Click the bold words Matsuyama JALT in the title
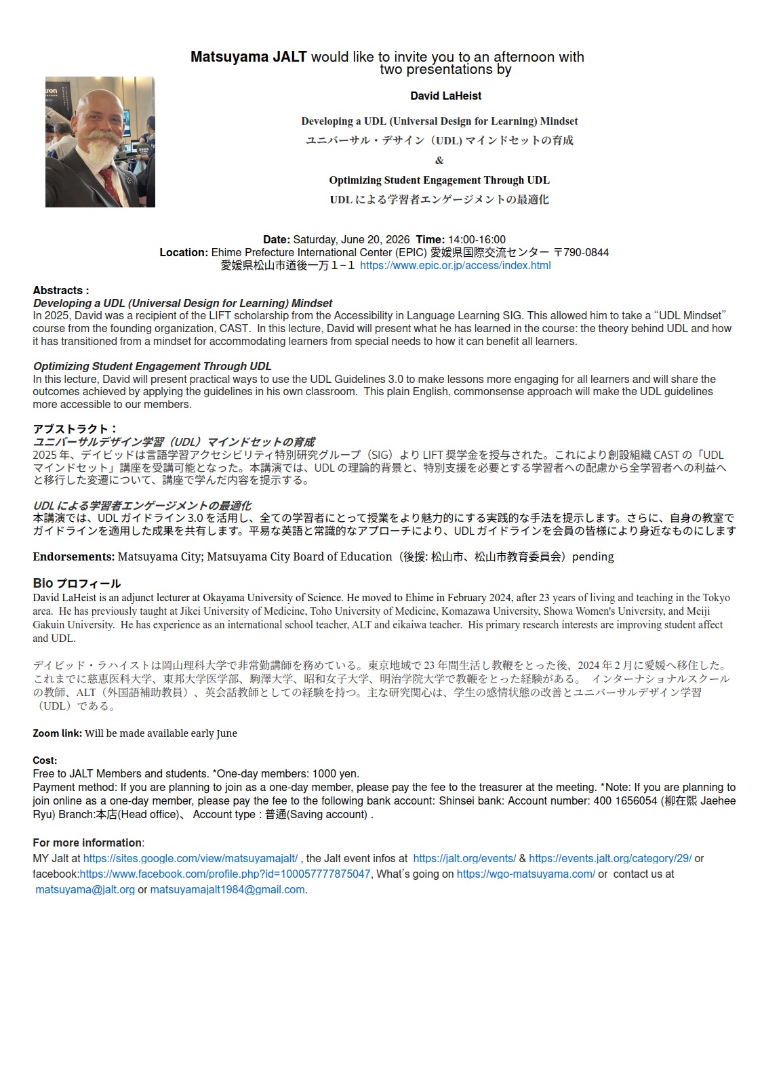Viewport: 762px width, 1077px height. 248,57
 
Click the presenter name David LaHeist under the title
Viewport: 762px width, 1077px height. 445,96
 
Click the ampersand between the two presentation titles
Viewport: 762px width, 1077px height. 439,161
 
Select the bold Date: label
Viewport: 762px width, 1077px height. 277,240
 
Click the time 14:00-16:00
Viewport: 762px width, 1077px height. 477,240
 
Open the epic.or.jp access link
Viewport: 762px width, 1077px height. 455,266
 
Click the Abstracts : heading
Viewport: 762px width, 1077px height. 61,291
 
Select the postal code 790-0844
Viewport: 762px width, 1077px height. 586,253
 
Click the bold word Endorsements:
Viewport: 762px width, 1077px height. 74,557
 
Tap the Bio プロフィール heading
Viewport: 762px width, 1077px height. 77,584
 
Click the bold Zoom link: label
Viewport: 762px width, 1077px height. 58,733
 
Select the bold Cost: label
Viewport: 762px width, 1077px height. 45,760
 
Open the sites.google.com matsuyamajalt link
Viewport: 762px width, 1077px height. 190,859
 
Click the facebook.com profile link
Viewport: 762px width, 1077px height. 225,874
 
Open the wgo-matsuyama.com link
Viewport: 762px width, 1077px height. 526,874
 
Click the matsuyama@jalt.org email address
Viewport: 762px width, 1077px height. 85,890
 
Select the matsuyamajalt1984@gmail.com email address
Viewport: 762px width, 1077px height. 227,890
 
